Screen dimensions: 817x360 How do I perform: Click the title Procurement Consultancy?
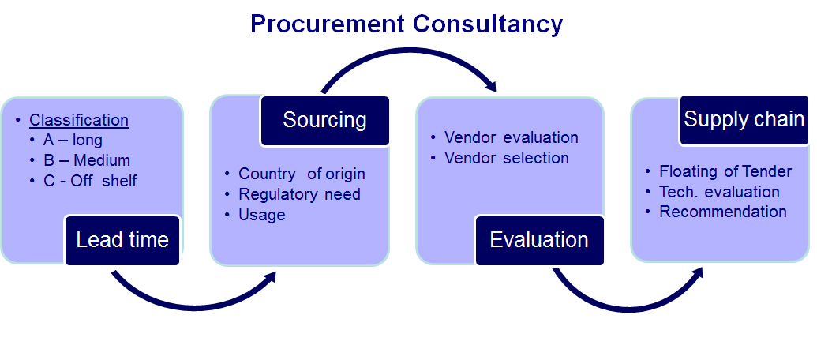(x=407, y=24)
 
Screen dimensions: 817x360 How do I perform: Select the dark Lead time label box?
(x=122, y=240)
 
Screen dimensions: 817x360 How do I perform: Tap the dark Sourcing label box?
(x=324, y=120)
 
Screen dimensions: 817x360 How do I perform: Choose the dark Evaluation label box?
(x=539, y=240)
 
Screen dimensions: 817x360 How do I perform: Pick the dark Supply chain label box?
(x=744, y=119)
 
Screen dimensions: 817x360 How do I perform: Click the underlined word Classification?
(x=79, y=120)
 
